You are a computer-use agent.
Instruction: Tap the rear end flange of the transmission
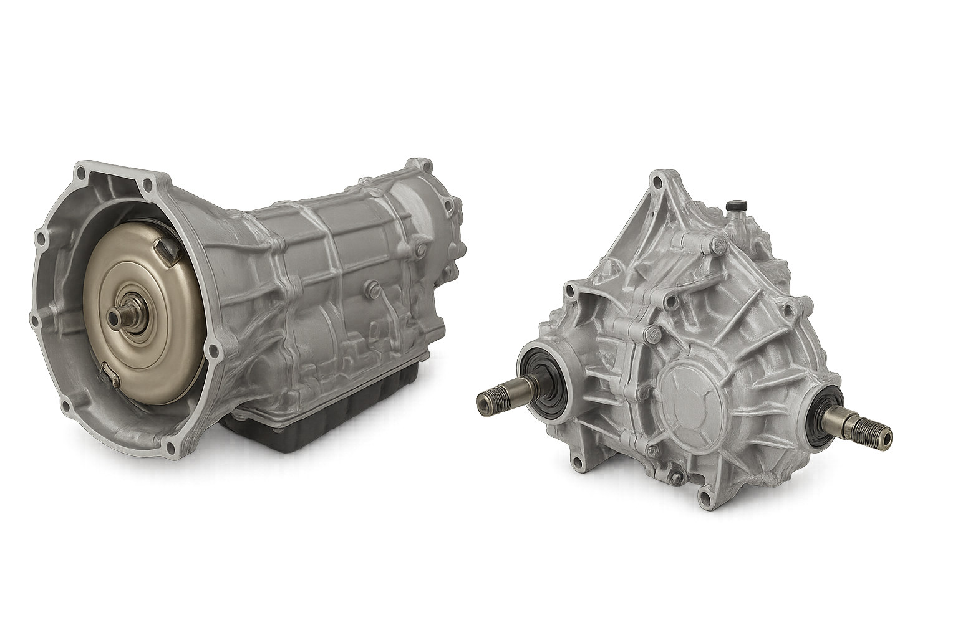(437, 212)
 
